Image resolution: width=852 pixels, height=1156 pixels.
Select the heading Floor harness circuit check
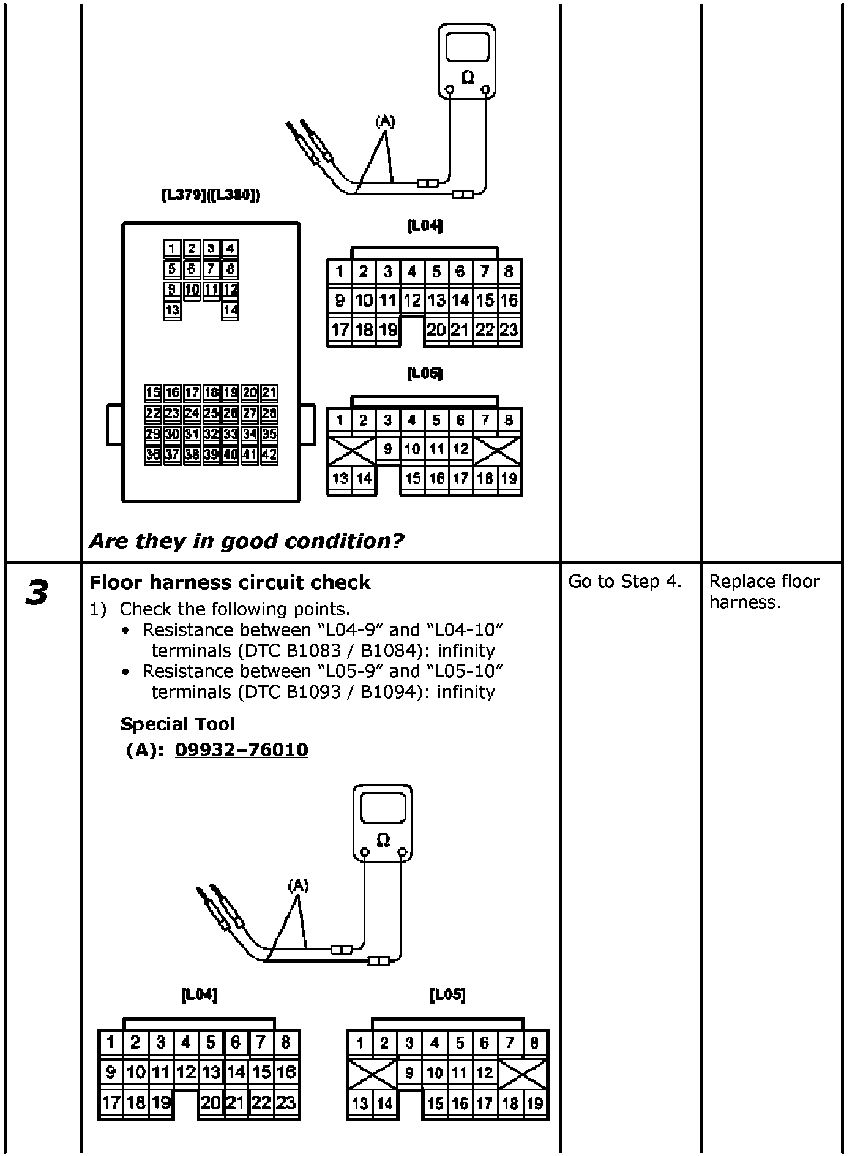point(230,582)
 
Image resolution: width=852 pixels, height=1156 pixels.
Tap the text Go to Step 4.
point(624,581)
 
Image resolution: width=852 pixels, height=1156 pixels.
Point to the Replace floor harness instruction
point(764,591)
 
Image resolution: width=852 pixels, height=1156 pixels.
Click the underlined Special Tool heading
point(177,724)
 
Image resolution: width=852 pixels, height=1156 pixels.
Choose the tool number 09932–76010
point(241,749)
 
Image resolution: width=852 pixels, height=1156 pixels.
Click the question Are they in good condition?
point(246,541)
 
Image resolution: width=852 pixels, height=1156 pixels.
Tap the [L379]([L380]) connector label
point(211,195)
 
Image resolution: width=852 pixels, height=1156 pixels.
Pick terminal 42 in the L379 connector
point(269,455)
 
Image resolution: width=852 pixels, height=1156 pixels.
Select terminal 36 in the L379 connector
point(153,455)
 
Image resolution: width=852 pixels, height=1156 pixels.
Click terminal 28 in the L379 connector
point(269,413)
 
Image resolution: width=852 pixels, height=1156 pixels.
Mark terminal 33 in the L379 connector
point(230,434)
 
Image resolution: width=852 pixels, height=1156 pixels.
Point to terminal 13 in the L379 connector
point(173,310)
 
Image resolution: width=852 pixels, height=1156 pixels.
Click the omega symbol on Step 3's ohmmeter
point(383,839)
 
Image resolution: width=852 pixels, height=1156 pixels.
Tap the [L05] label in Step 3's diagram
point(447,995)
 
